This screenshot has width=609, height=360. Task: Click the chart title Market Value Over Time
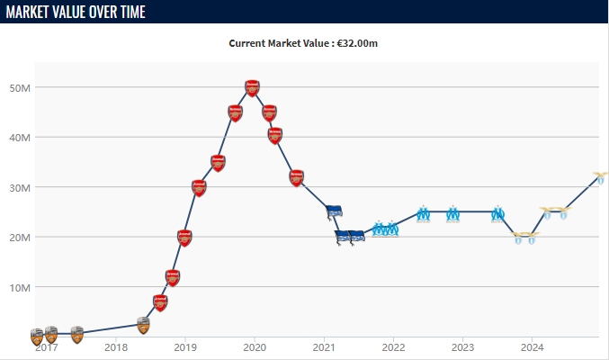[x=76, y=12]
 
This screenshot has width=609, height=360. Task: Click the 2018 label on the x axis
[x=116, y=347]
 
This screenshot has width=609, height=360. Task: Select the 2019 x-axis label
[x=185, y=347]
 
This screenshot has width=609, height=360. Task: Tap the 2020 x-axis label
[x=255, y=347]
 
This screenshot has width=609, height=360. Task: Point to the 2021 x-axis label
[x=324, y=347]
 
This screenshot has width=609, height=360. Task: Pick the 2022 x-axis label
[x=393, y=347]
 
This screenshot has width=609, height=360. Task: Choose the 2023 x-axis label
[x=462, y=347]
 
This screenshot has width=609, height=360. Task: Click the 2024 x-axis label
[x=532, y=347]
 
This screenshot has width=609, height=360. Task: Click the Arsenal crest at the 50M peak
[x=253, y=88]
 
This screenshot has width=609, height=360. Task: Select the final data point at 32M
[x=600, y=177]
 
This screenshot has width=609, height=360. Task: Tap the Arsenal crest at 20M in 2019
[x=184, y=238]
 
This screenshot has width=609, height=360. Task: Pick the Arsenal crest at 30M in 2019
[x=199, y=188]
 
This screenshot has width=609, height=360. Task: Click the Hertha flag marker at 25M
[x=334, y=212]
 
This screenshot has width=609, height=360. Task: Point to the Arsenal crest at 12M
[x=173, y=277]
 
